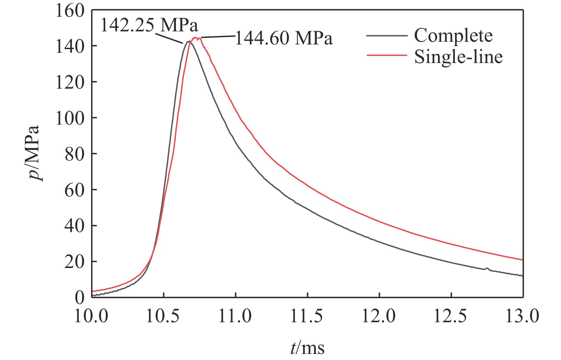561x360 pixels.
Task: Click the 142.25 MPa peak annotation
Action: [149, 25]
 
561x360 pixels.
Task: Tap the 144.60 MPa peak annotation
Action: [284, 39]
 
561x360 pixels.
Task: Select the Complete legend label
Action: [453, 36]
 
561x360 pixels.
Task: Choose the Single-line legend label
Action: [458, 57]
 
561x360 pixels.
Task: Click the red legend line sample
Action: [387, 55]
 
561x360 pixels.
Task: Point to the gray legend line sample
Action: [387, 36]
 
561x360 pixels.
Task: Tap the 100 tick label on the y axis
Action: [70, 118]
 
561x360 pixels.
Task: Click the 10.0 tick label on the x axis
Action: [91, 316]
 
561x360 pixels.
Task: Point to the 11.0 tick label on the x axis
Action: [235, 316]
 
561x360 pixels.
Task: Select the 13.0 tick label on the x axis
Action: [522, 316]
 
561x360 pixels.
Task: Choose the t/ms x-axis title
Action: [307, 348]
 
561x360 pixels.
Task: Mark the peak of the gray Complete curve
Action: [189, 41]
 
